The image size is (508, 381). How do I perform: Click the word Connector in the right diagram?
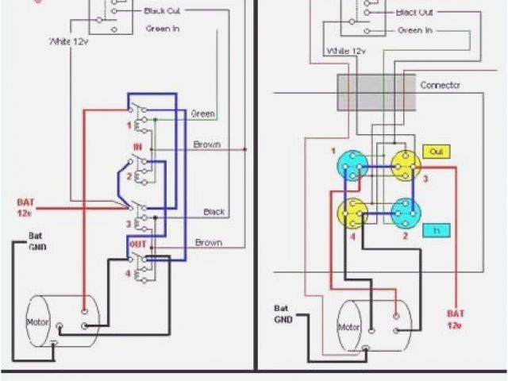[441, 84]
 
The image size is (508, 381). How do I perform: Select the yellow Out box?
[436, 151]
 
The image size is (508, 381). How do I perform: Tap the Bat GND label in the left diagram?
[38, 241]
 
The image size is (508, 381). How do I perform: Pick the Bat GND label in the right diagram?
[283, 313]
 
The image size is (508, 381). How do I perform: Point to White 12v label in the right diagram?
[344, 50]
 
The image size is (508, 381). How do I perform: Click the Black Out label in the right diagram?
[414, 12]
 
